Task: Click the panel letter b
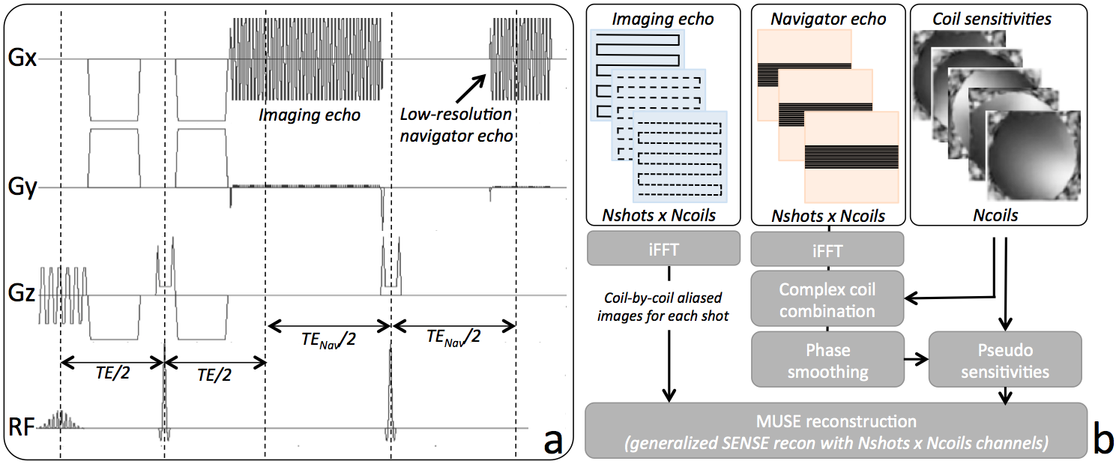pos(1101,439)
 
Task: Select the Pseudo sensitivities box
pos(1004,360)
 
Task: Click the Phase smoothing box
pos(827,360)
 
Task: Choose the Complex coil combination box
pos(827,298)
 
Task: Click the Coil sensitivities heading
pos(991,19)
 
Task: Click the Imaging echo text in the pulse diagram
pos(310,115)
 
